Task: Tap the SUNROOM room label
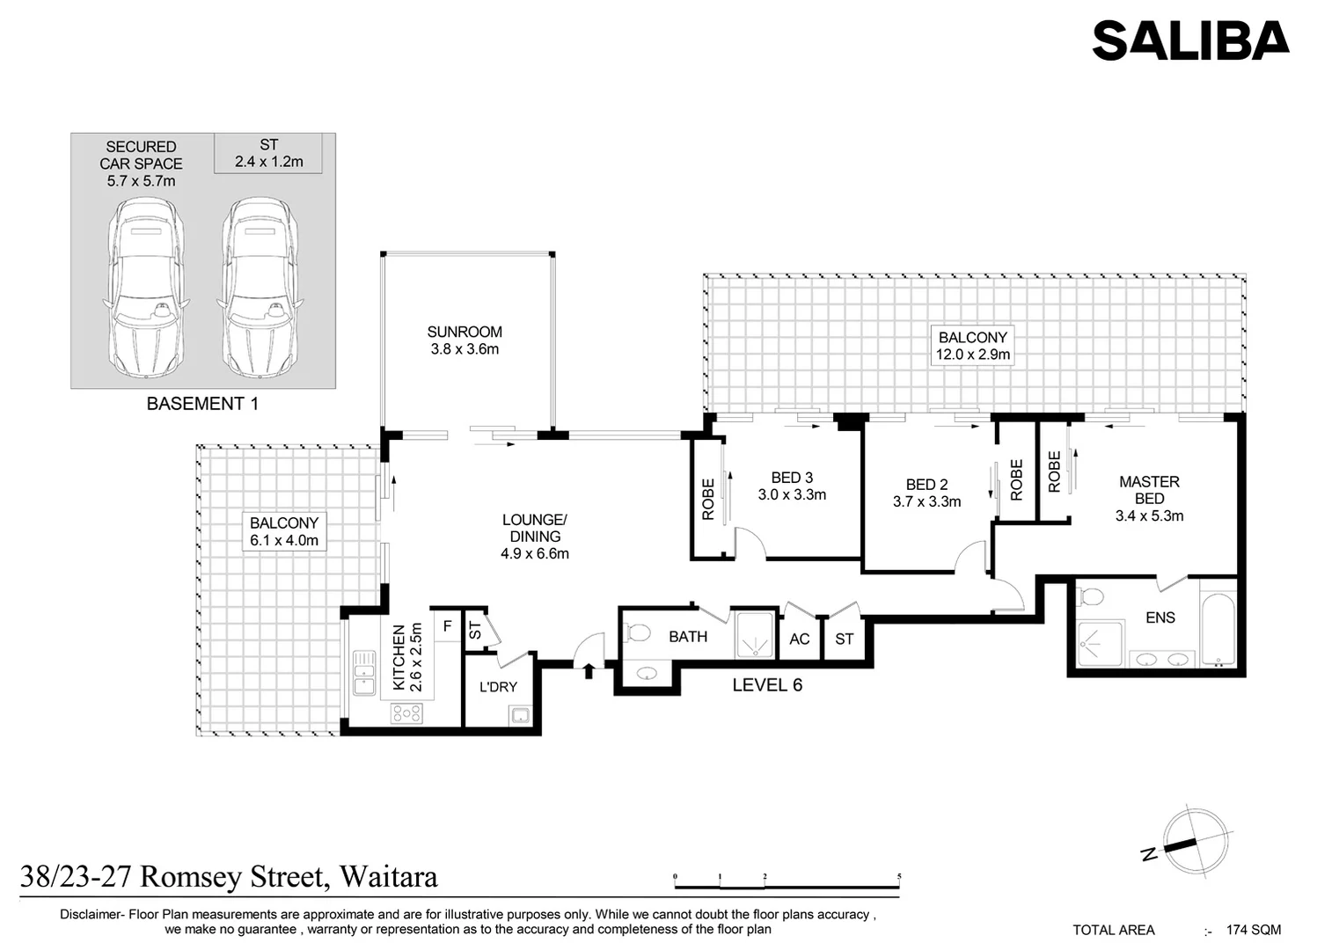[x=465, y=332]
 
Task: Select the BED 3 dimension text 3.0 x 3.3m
[x=792, y=494]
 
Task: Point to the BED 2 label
[x=926, y=485]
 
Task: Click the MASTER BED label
[x=1150, y=490]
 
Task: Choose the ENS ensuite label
[x=1160, y=617]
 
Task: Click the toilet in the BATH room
[x=636, y=633]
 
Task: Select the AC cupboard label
[x=800, y=639]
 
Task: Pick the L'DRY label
[x=498, y=687]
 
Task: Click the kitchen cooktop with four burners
[x=406, y=713]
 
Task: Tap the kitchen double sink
[x=364, y=673]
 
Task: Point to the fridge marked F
[x=448, y=626]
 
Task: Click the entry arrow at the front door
[x=589, y=671]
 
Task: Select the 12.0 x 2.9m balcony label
[x=972, y=346]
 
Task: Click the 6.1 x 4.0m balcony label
[x=284, y=531]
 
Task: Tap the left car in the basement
[x=145, y=288]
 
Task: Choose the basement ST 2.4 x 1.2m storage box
[x=268, y=153]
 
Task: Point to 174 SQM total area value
[x=1253, y=930]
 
